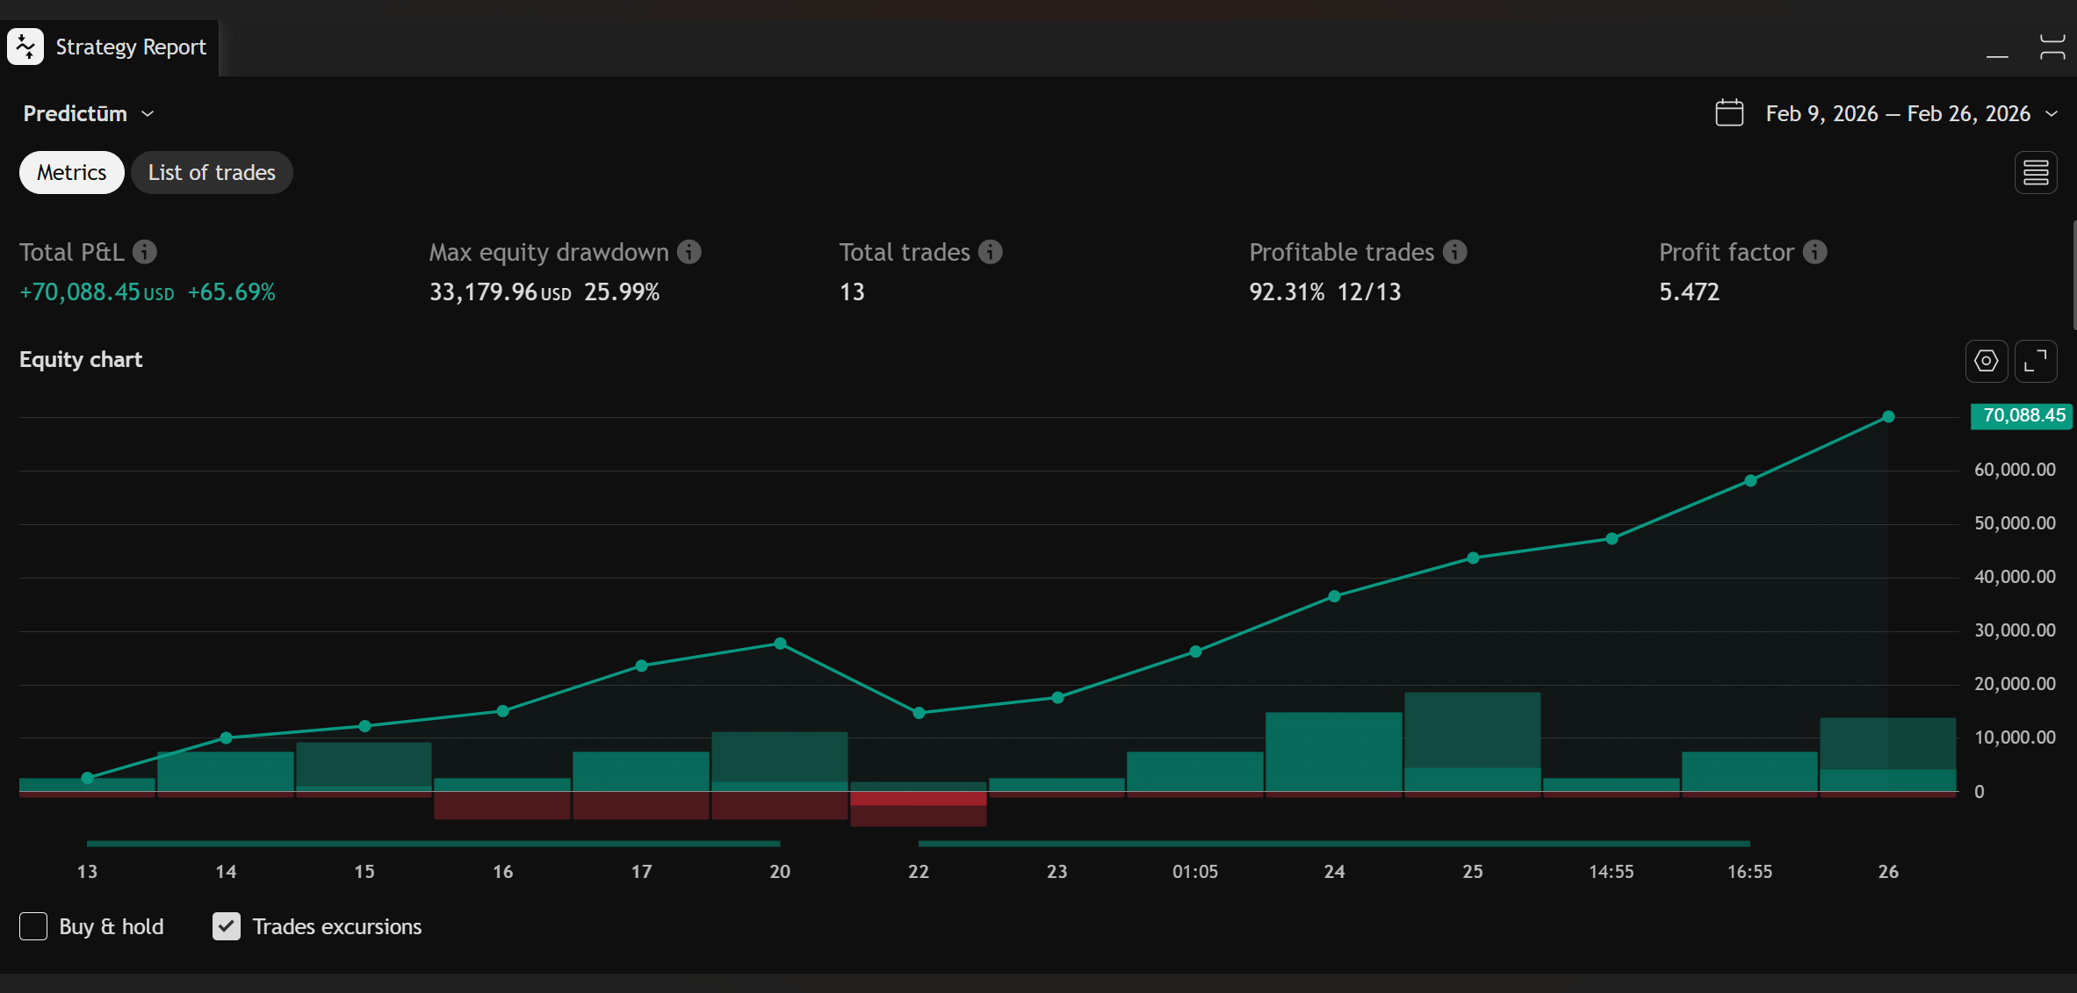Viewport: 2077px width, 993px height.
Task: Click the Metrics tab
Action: coord(72,173)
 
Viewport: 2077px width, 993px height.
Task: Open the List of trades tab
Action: coord(212,173)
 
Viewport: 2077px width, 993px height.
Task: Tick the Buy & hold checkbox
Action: coord(33,926)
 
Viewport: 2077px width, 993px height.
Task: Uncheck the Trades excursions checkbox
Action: coord(227,926)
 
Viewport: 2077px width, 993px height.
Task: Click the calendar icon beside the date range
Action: coord(1729,113)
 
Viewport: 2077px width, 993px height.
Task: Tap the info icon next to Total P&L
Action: coord(145,252)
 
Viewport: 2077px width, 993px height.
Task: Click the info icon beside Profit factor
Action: coord(1815,252)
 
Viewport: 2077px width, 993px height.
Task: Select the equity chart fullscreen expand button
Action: coord(2036,361)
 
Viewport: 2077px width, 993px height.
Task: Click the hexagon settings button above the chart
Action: coord(1987,361)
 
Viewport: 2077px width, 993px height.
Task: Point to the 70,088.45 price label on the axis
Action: coord(2023,415)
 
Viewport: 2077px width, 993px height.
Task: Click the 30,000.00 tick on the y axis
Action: coord(2015,630)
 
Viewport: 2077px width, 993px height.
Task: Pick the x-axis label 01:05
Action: coord(1195,872)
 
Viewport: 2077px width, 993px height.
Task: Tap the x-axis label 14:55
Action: coord(1612,872)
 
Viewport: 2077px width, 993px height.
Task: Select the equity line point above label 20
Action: coord(780,644)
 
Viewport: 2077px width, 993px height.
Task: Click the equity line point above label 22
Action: coord(919,713)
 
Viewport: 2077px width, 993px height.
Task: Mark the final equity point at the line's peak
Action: coord(1888,417)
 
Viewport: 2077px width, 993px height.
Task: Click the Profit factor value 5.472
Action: coord(1689,292)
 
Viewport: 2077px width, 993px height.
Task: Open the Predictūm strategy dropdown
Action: coord(89,114)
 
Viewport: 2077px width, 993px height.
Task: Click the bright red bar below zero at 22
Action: coord(919,799)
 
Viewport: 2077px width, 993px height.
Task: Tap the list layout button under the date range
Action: coord(2036,173)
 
